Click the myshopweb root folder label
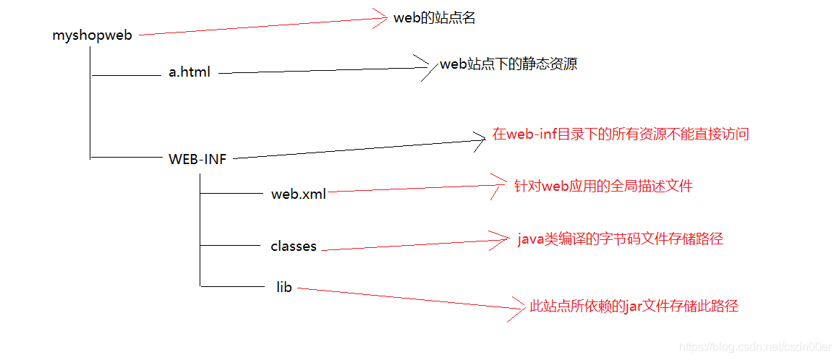click(x=93, y=35)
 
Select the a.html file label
click(x=189, y=72)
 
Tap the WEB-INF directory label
click(x=197, y=160)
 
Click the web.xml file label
click(x=298, y=194)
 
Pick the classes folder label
click(x=294, y=247)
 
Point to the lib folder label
click(x=284, y=288)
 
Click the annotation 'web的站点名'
click(x=434, y=19)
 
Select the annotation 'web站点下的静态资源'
click(x=508, y=64)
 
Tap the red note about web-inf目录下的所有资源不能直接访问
click(x=621, y=134)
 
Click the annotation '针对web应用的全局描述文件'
click(x=603, y=187)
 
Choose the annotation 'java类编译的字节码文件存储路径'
click(x=620, y=239)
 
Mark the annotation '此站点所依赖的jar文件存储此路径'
click(x=634, y=307)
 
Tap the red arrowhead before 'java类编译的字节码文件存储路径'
click(x=501, y=241)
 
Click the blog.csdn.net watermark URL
click(x=756, y=347)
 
